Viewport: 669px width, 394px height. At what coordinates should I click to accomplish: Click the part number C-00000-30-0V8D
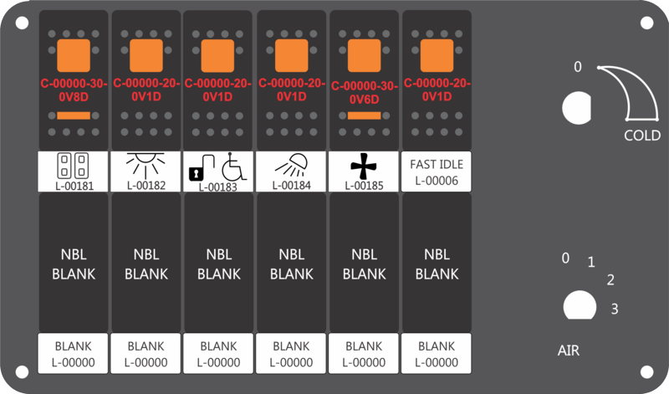(x=74, y=90)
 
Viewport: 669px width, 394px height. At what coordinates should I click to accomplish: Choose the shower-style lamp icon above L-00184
(x=292, y=164)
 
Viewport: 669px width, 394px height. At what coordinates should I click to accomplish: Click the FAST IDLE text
(x=436, y=163)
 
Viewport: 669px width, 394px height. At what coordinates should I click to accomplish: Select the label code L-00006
(x=436, y=181)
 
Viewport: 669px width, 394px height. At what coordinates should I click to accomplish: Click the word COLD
(x=642, y=136)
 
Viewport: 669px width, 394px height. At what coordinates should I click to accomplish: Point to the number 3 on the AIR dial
(x=615, y=310)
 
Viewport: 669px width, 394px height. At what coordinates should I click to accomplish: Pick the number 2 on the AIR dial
(x=610, y=279)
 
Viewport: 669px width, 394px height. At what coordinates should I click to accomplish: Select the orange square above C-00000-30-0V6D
(x=364, y=55)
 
